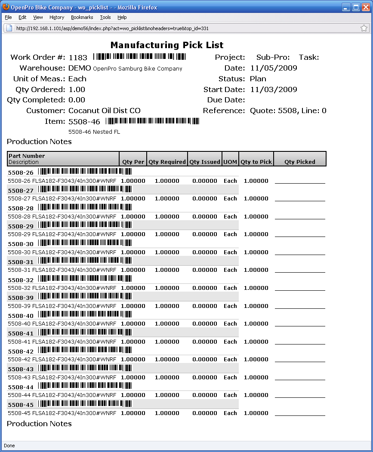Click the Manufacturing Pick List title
pos(167,45)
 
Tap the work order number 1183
pos(78,58)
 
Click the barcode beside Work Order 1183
pos(139,57)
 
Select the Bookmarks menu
pos(82,17)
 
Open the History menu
pos(57,17)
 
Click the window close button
pos(366,7)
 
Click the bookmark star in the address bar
pos(364,28)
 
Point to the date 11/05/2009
pos(273,68)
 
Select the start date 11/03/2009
pos(273,89)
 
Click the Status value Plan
pos(258,79)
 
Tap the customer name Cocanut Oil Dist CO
pos(105,111)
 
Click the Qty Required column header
pos(167,162)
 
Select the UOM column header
pos(230,162)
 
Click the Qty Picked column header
pos(300,162)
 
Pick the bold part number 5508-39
pos(21,298)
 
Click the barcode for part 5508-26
pos(85,172)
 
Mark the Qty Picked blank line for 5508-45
pos(300,414)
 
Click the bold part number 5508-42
pos(21,351)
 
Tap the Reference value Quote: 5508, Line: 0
pos(288,111)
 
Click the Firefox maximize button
pos(356,7)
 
